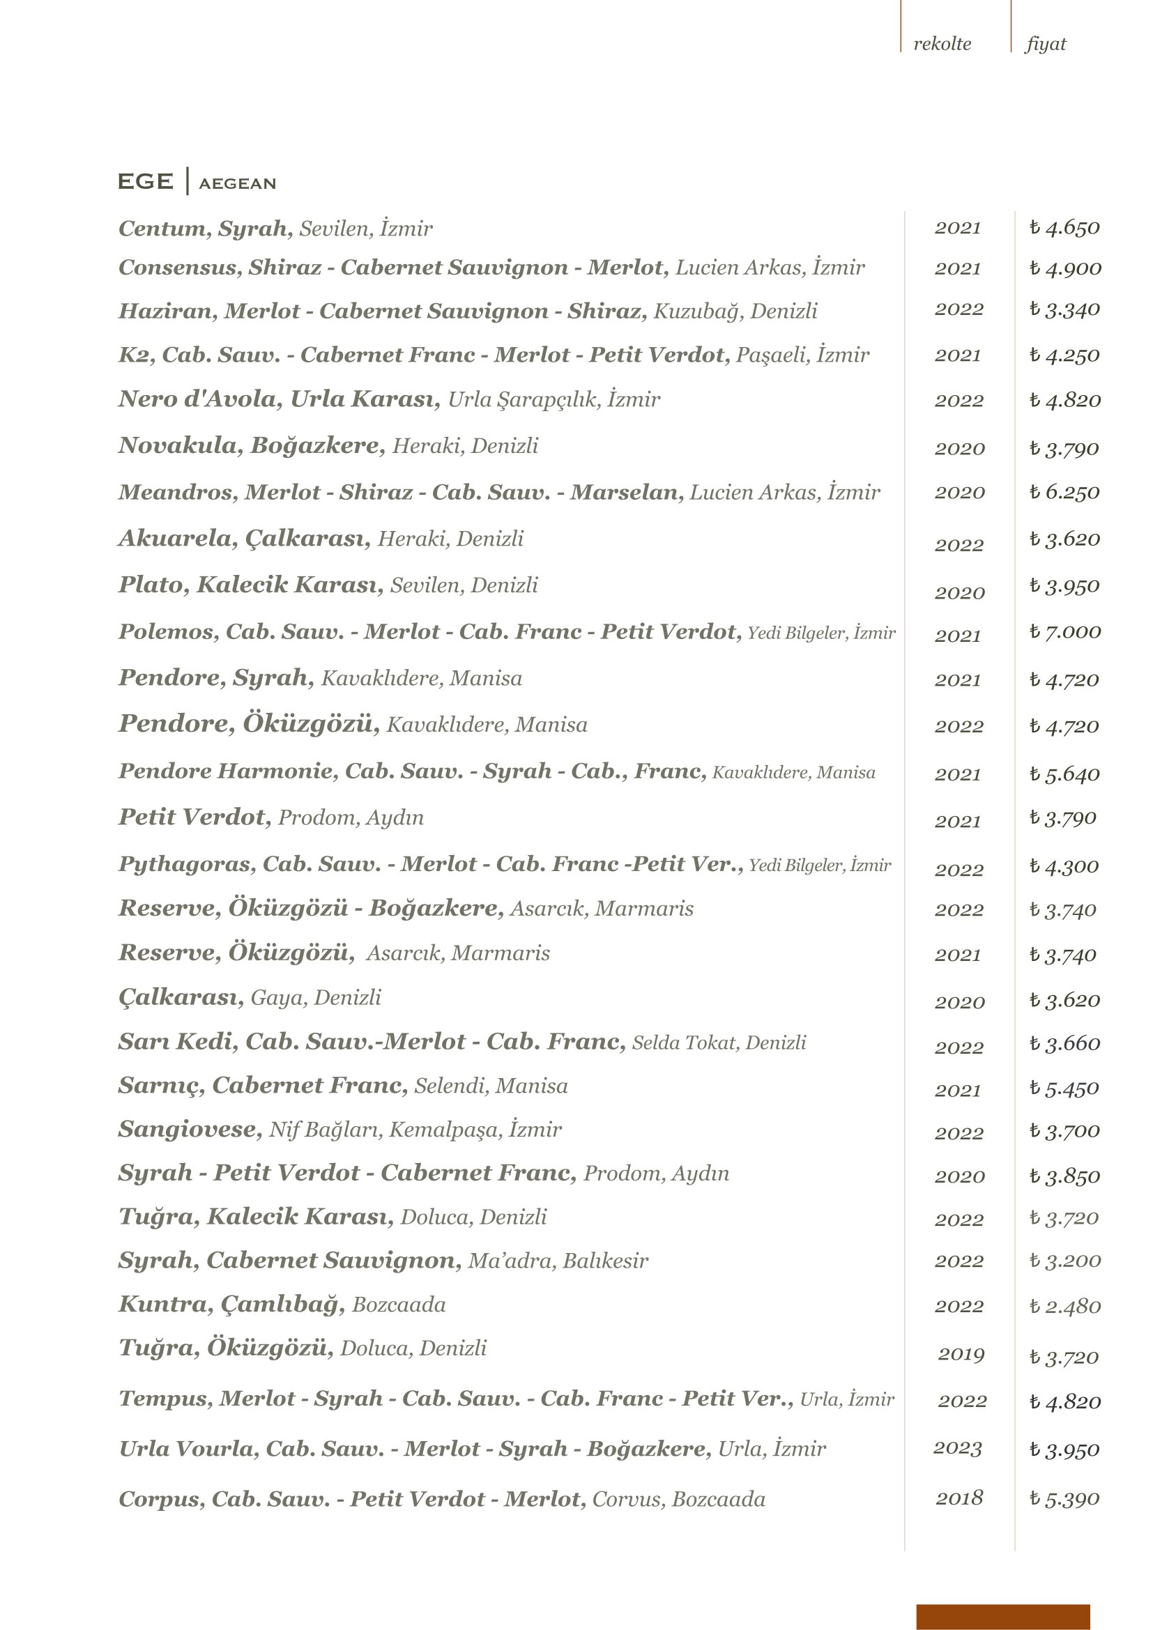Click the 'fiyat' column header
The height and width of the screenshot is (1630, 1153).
(1046, 44)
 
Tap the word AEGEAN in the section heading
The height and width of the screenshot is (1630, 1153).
(237, 184)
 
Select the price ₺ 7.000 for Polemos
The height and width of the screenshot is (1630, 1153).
(1065, 632)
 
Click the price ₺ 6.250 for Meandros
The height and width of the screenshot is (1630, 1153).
(1064, 492)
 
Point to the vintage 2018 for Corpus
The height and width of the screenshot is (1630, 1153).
(959, 1498)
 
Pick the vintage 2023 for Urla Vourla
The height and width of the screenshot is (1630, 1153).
(958, 1448)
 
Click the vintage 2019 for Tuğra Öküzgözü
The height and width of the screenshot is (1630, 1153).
(961, 1355)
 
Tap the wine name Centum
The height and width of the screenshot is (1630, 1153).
(164, 229)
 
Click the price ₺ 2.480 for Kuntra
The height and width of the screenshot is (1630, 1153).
(1065, 1306)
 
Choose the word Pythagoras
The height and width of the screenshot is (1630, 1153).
(187, 864)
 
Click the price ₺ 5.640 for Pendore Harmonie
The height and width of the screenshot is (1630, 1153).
(1064, 774)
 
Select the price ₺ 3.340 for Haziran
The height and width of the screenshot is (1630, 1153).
(1064, 309)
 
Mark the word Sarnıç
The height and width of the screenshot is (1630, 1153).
(161, 1086)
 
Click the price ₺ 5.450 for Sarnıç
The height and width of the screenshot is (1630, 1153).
(1064, 1089)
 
